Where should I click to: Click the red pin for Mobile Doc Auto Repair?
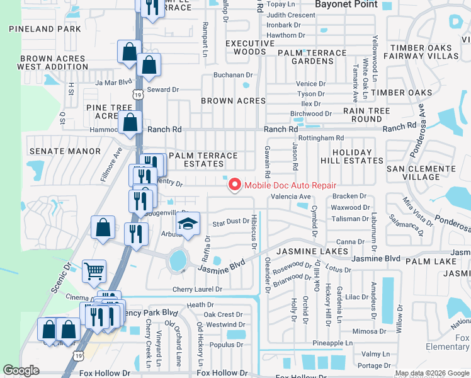click(235, 185)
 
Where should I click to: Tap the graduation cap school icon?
click(187, 224)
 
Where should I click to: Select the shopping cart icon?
click(94, 272)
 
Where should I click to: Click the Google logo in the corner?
click(21, 370)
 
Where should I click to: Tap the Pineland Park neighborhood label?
click(45, 29)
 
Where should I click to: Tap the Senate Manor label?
click(65, 151)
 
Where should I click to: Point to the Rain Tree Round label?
click(366, 115)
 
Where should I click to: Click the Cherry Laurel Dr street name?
click(198, 289)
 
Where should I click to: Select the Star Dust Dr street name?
click(231, 222)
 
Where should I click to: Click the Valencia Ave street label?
click(291, 197)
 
